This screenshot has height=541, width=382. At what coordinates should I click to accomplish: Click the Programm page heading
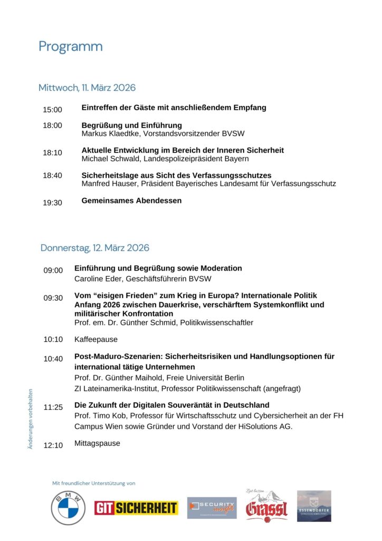70,46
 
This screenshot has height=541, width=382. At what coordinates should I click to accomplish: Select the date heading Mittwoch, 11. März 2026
87,88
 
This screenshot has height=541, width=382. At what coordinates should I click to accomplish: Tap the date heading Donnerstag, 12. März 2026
95,248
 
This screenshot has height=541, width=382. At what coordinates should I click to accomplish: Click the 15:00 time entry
52,110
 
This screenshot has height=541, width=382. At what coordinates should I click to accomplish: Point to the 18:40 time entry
52,175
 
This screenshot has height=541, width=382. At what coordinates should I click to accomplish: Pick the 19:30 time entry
52,203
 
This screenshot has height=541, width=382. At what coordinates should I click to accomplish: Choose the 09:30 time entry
53,298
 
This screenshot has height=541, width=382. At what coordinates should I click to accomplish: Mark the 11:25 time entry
53,407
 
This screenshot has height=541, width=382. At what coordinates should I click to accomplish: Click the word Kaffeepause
96,339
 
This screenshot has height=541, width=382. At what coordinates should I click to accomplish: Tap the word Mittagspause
97,443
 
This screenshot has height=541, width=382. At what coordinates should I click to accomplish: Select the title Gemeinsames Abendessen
131,201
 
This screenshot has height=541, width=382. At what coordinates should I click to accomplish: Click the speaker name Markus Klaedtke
108,134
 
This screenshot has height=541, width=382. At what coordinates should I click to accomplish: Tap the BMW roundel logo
68,508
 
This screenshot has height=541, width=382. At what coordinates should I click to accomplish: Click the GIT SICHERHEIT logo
136,508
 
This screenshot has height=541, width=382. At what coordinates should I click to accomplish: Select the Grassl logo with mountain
266,505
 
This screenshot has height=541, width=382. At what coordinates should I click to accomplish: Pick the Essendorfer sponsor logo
314,506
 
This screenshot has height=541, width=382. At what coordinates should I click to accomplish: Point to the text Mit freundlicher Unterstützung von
94,483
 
